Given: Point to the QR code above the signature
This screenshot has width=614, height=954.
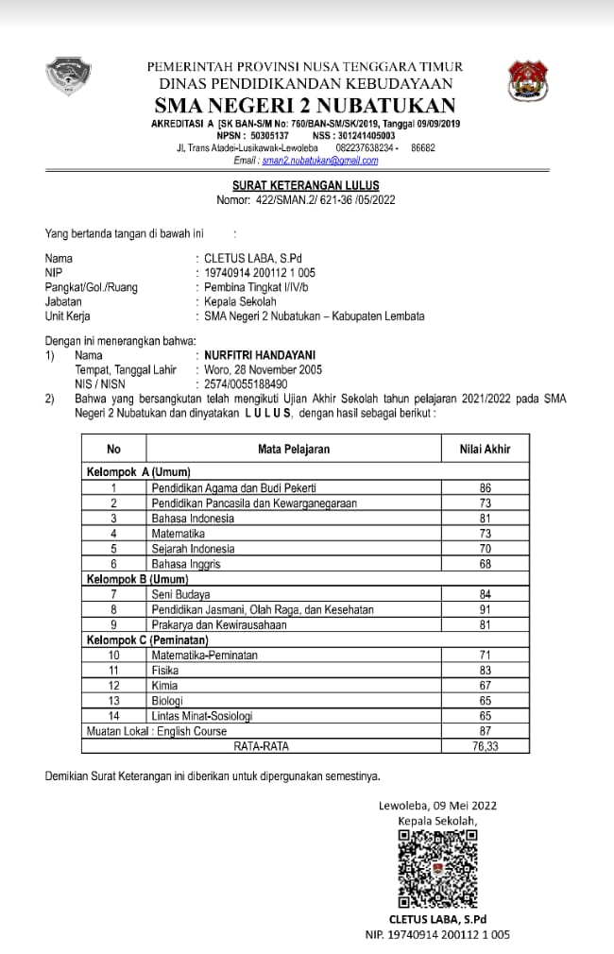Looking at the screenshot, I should click(x=437, y=868).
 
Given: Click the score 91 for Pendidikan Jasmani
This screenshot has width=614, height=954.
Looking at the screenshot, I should click(x=486, y=609).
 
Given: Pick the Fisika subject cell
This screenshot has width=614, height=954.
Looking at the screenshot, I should click(x=165, y=670).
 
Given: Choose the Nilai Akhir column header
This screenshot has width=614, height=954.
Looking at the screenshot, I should click(x=485, y=450).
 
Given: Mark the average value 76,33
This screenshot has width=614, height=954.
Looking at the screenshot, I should click(x=486, y=745).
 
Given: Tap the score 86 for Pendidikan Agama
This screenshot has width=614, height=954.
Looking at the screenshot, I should click(x=486, y=488).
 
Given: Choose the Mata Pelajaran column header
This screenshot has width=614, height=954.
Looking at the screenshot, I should click(x=294, y=450).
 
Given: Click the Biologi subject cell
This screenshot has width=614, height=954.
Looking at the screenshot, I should click(x=168, y=700).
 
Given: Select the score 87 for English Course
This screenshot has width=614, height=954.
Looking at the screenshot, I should click(x=486, y=730).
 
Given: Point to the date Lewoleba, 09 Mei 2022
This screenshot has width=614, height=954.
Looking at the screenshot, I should click(x=437, y=806).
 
